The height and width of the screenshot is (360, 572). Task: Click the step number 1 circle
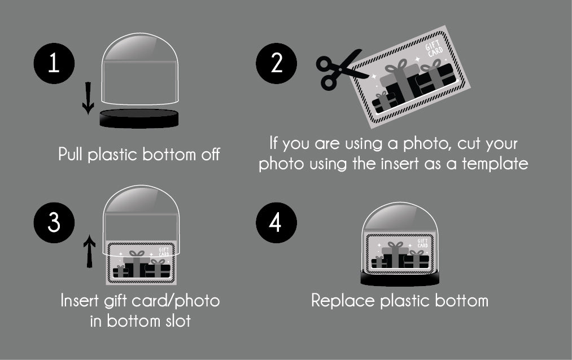point(54,63)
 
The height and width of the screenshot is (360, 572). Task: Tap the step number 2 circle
point(276,63)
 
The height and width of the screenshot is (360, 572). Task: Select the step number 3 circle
point(54,223)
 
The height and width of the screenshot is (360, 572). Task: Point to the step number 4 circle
point(276,223)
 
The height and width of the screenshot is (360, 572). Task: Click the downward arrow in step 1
point(88,98)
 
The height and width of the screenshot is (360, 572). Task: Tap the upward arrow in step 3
point(89,251)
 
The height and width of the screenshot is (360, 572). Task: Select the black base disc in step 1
point(139,118)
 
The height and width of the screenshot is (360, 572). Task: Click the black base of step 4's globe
point(400,278)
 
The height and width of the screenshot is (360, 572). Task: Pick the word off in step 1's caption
point(211,155)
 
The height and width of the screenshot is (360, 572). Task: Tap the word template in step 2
point(495,164)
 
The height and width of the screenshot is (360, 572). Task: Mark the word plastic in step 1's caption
point(113,155)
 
